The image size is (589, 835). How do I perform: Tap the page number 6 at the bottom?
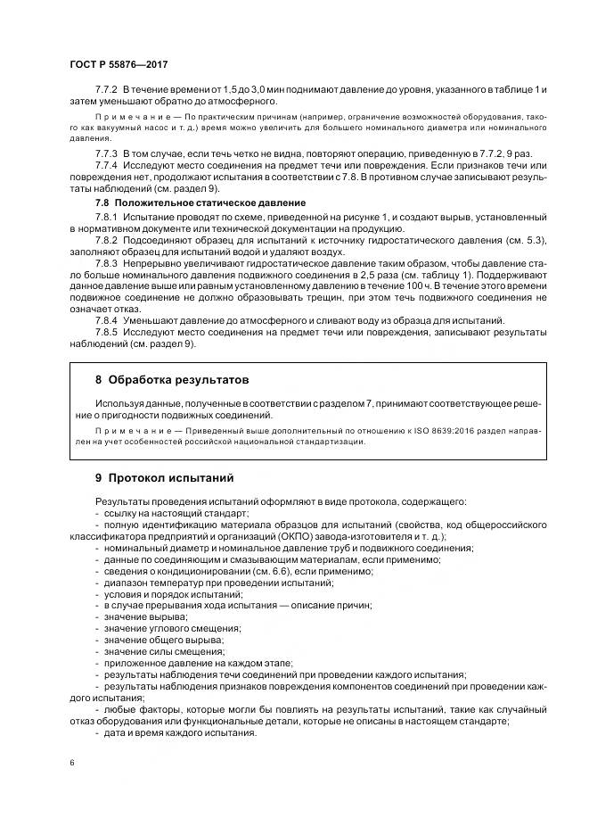[71, 764]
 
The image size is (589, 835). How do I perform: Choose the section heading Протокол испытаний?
[164, 477]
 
